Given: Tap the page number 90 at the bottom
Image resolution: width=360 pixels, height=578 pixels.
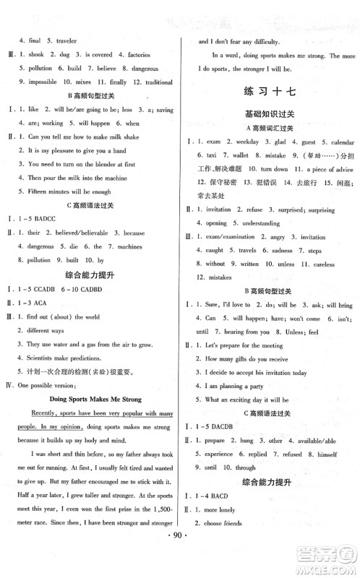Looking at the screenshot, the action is click(x=179, y=561).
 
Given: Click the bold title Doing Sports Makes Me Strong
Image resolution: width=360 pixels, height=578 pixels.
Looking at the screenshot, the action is click(x=94, y=399).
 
